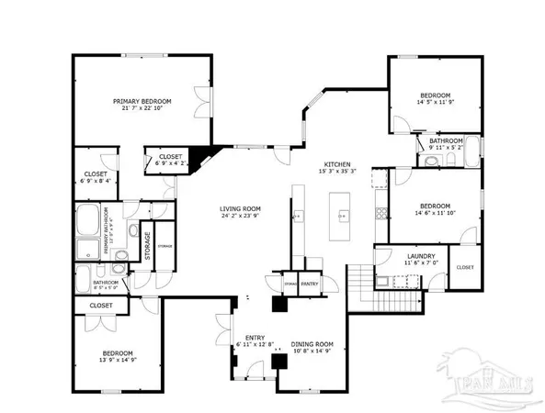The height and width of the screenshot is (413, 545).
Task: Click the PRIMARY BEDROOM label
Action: [137, 101]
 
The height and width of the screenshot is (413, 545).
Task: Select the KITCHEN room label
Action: [336, 163]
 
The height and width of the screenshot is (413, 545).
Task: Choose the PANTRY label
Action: [309, 285]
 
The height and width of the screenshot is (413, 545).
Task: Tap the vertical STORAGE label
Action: [147, 245]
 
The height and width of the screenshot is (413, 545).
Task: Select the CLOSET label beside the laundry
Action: [465, 267]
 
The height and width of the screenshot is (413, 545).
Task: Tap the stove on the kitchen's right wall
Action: [379, 214]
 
